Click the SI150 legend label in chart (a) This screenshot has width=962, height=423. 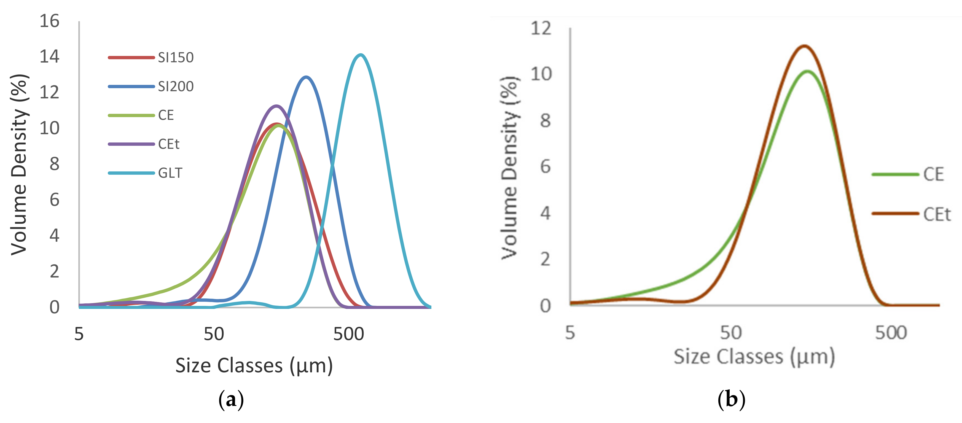[176, 58]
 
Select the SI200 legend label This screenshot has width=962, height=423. [176, 87]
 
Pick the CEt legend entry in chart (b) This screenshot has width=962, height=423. [937, 214]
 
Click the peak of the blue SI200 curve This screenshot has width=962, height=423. [306, 77]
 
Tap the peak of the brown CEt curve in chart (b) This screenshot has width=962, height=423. [804, 46]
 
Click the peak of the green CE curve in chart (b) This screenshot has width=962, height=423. [808, 71]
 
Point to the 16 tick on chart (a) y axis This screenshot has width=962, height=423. [49, 21]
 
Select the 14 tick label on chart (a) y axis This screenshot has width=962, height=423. [49, 57]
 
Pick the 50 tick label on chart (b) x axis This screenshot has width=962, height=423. [730, 332]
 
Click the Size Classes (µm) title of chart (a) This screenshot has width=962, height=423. [254, 365]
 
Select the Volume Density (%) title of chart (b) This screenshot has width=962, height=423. [509, 168]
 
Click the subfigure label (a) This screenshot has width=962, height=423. [231, 400]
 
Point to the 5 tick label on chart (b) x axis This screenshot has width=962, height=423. [570, 332]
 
